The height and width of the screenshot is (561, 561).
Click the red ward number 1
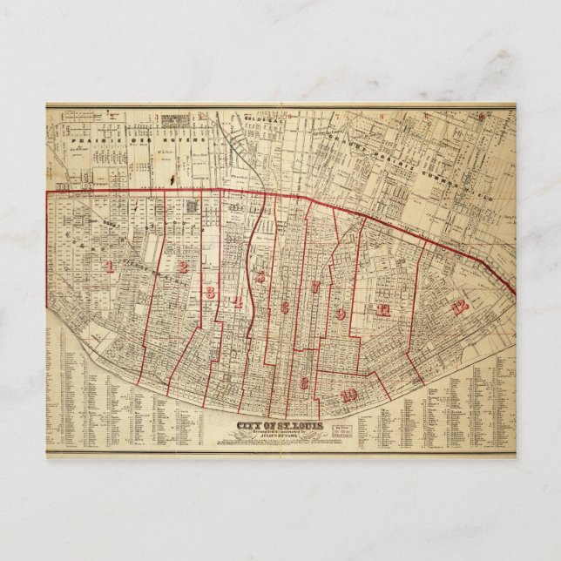109,266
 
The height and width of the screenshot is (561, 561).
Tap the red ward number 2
184,267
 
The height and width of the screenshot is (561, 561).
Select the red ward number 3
210,293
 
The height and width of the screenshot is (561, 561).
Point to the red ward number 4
237,301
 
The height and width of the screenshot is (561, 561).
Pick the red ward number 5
260,277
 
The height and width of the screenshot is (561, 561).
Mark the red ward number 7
316,287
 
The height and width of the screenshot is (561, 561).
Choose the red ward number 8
304,382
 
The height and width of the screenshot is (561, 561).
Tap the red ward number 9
341,313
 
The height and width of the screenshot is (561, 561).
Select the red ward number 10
349,395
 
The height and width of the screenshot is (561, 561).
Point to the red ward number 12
460,306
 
